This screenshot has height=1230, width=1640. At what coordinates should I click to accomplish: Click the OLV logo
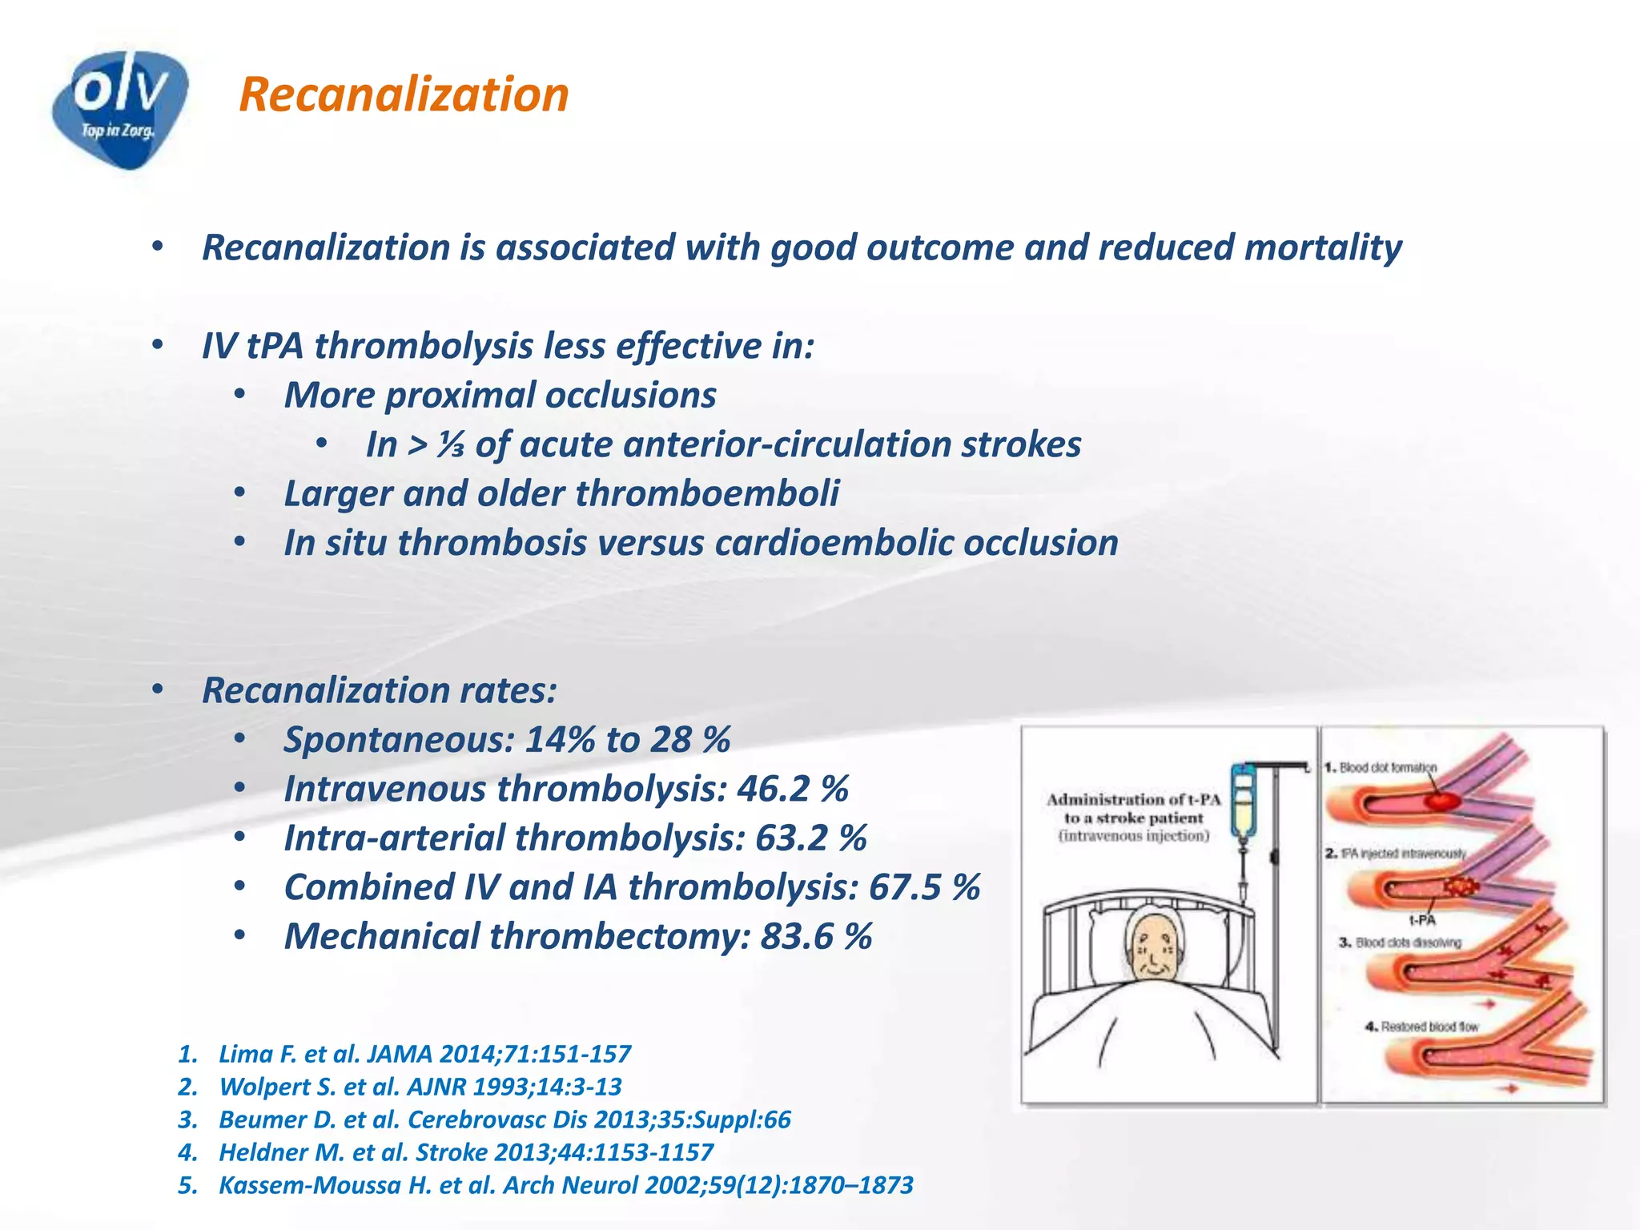120,108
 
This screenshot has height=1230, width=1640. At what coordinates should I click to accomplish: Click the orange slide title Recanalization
404,94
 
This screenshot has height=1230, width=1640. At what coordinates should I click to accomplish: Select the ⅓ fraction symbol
450,445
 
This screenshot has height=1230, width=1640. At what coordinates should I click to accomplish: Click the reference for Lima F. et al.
424,1054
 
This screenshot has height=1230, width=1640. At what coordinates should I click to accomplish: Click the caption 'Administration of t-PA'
1133,799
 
